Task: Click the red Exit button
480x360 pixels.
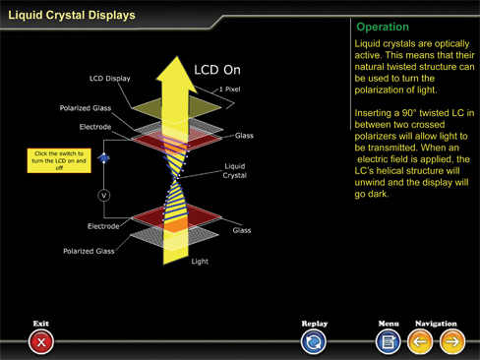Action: point(41,342)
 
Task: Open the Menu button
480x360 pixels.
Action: point(389,342)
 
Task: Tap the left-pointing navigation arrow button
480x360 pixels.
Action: point(420,342)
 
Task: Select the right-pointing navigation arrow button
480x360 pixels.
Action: point(452,342)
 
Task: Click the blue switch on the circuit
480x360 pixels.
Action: point(104,158)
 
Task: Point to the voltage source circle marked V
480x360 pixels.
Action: point(104,196)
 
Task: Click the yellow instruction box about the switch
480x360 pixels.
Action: point(59,160)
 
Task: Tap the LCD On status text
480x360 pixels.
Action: point(217,70)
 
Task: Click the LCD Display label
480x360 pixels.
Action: point(110,79)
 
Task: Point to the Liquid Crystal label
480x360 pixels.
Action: point(235,171)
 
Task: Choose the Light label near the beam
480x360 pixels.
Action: point(200,262)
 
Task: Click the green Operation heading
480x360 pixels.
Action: point(383,27)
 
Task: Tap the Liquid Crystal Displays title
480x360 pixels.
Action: point(72,15)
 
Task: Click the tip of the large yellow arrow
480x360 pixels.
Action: point(177,56)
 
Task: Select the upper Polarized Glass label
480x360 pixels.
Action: point(86,108)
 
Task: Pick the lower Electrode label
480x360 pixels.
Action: point(103,226)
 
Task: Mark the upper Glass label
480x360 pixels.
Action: point(244,136)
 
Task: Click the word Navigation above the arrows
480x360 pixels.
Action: point(436,324)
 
